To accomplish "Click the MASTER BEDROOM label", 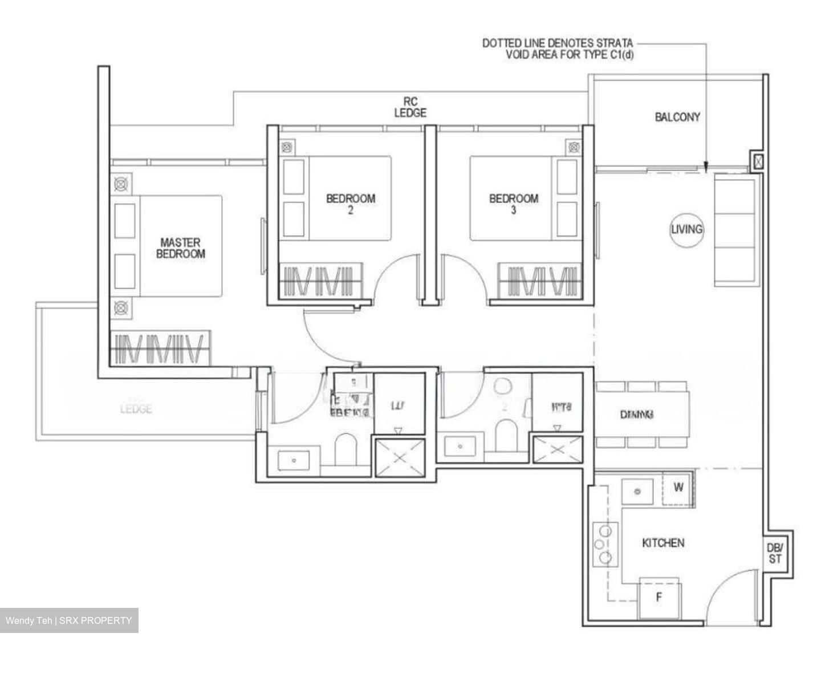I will [x=180, y=249].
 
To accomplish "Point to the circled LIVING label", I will [x=686, y=229].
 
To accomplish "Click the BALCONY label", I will [x=677, y=117].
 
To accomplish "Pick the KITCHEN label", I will [x=663, y=543].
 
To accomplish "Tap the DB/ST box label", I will [x=774, y=553].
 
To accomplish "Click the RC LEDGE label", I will [x=410, y=107].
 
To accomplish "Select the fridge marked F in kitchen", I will [x=659, y=598].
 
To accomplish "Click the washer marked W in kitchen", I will [x=678, y=488].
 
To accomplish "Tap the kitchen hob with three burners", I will [x=605, y=544].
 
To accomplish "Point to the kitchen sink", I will [x=637, y=492].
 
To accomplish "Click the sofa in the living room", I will [x=736, y=230].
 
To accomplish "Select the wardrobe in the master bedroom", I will [x=160, y=348].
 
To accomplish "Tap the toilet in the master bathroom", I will [x=345, y=449].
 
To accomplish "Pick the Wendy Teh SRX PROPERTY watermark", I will [x=69, y=620].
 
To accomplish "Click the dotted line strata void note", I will [x=557, y=48].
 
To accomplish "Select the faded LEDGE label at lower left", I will [x=136, y=409].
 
